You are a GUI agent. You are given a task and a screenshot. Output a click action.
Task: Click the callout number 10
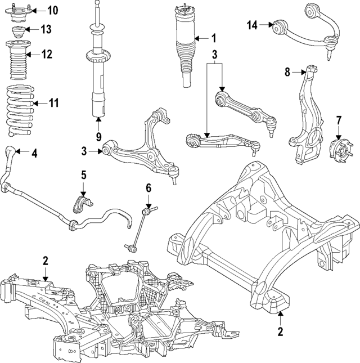(52, 10)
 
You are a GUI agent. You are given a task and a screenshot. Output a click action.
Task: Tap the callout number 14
(252, 24)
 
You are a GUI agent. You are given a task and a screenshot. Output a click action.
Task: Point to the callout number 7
(339, 120)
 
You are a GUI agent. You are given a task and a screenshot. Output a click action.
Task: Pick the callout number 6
(148, 187)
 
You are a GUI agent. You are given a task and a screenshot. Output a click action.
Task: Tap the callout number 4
(34, 152)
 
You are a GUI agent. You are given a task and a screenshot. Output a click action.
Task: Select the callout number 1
(213, 38)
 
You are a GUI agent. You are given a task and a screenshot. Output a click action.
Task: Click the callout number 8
(287, 71)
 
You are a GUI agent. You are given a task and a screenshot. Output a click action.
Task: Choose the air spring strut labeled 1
(185, 45)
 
